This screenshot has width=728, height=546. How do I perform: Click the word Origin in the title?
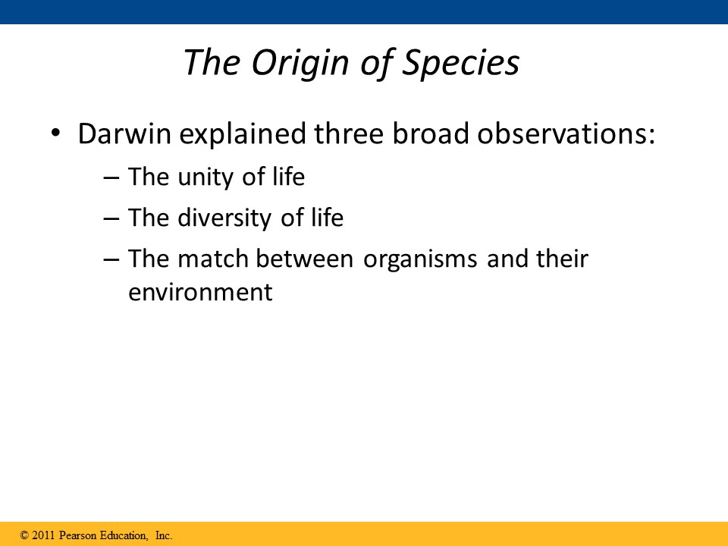300,63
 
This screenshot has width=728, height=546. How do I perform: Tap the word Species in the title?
460,63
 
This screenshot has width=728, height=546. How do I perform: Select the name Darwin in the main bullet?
124,133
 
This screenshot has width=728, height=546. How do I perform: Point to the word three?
349,133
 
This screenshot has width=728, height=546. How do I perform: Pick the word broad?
431,133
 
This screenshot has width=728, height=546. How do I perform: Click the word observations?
566,133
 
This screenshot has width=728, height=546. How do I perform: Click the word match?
212,259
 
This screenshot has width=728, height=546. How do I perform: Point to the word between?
305,259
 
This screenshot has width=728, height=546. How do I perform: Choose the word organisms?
420,260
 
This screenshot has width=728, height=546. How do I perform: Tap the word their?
562,259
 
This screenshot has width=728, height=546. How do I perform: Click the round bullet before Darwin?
55,133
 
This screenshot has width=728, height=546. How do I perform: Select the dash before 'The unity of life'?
111,178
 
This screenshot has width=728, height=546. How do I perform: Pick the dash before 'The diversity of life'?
111,219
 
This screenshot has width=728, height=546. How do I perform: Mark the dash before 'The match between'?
111,260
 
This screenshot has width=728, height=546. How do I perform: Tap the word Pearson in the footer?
78,535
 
